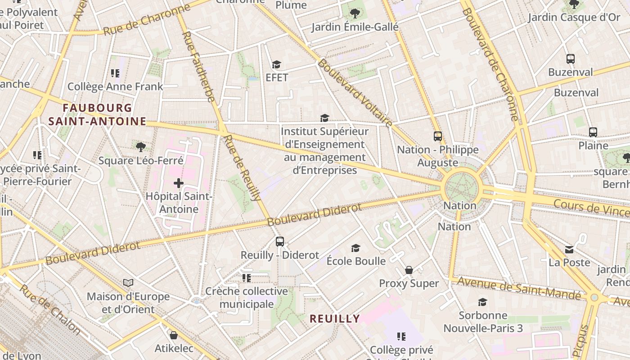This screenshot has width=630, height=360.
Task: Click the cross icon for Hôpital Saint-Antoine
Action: (x=179, y=183)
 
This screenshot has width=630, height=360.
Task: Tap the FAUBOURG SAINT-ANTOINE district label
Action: (x=97, y=115)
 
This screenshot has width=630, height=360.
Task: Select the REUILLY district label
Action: (x=335, y=319)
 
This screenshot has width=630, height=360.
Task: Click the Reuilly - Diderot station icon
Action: (x=280, y=242)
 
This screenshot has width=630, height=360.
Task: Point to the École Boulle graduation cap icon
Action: (x=356, y=248)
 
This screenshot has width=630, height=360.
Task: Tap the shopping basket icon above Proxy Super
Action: (x=409, y=270)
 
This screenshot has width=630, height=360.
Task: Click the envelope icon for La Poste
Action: (x=569, y=249)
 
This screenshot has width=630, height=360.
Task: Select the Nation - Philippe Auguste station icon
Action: (x=437, y=136)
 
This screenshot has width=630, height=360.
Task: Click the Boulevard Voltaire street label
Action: (x=355, y=93)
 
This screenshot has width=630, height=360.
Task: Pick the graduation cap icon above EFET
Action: (x=276, y=65)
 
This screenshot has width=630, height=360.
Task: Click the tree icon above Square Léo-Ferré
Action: (x=140, y=147)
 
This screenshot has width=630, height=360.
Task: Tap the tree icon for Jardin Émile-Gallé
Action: (x=355, y=13)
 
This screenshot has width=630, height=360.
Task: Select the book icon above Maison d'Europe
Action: (x=128, y=283)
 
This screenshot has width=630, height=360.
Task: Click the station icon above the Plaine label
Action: (x=593, y=132)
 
